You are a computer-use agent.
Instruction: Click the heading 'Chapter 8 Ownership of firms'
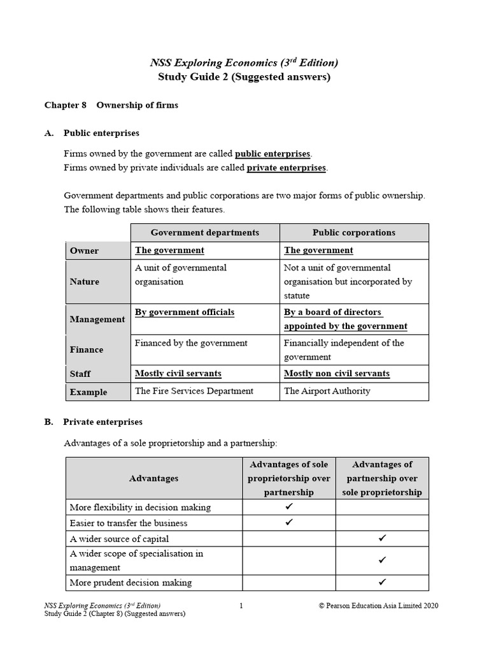click(111, 105)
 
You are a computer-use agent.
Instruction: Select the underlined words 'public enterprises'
click(273, 154)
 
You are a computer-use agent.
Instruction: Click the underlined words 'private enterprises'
click(287, 168)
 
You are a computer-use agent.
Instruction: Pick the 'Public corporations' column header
click(353, 233)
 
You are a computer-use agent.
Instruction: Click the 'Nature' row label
click(85, 281)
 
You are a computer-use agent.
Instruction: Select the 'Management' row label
click(97, 319)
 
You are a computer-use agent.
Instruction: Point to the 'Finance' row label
click(87, 349)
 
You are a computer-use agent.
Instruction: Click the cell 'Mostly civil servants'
click(178, 374)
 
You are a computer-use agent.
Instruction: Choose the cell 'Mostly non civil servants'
click(336, 374)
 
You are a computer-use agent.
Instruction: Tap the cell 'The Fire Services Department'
click(194, 391)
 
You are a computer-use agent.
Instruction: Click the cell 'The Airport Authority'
click(327, 391)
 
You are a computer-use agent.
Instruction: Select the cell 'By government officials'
click(185, 312)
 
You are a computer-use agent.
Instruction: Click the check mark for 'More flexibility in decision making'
click(289, 507)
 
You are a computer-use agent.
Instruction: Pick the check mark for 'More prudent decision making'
click(382, 582)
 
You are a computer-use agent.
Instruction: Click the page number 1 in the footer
click(241, 606)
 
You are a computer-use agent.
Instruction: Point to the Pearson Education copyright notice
click(378, 606)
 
